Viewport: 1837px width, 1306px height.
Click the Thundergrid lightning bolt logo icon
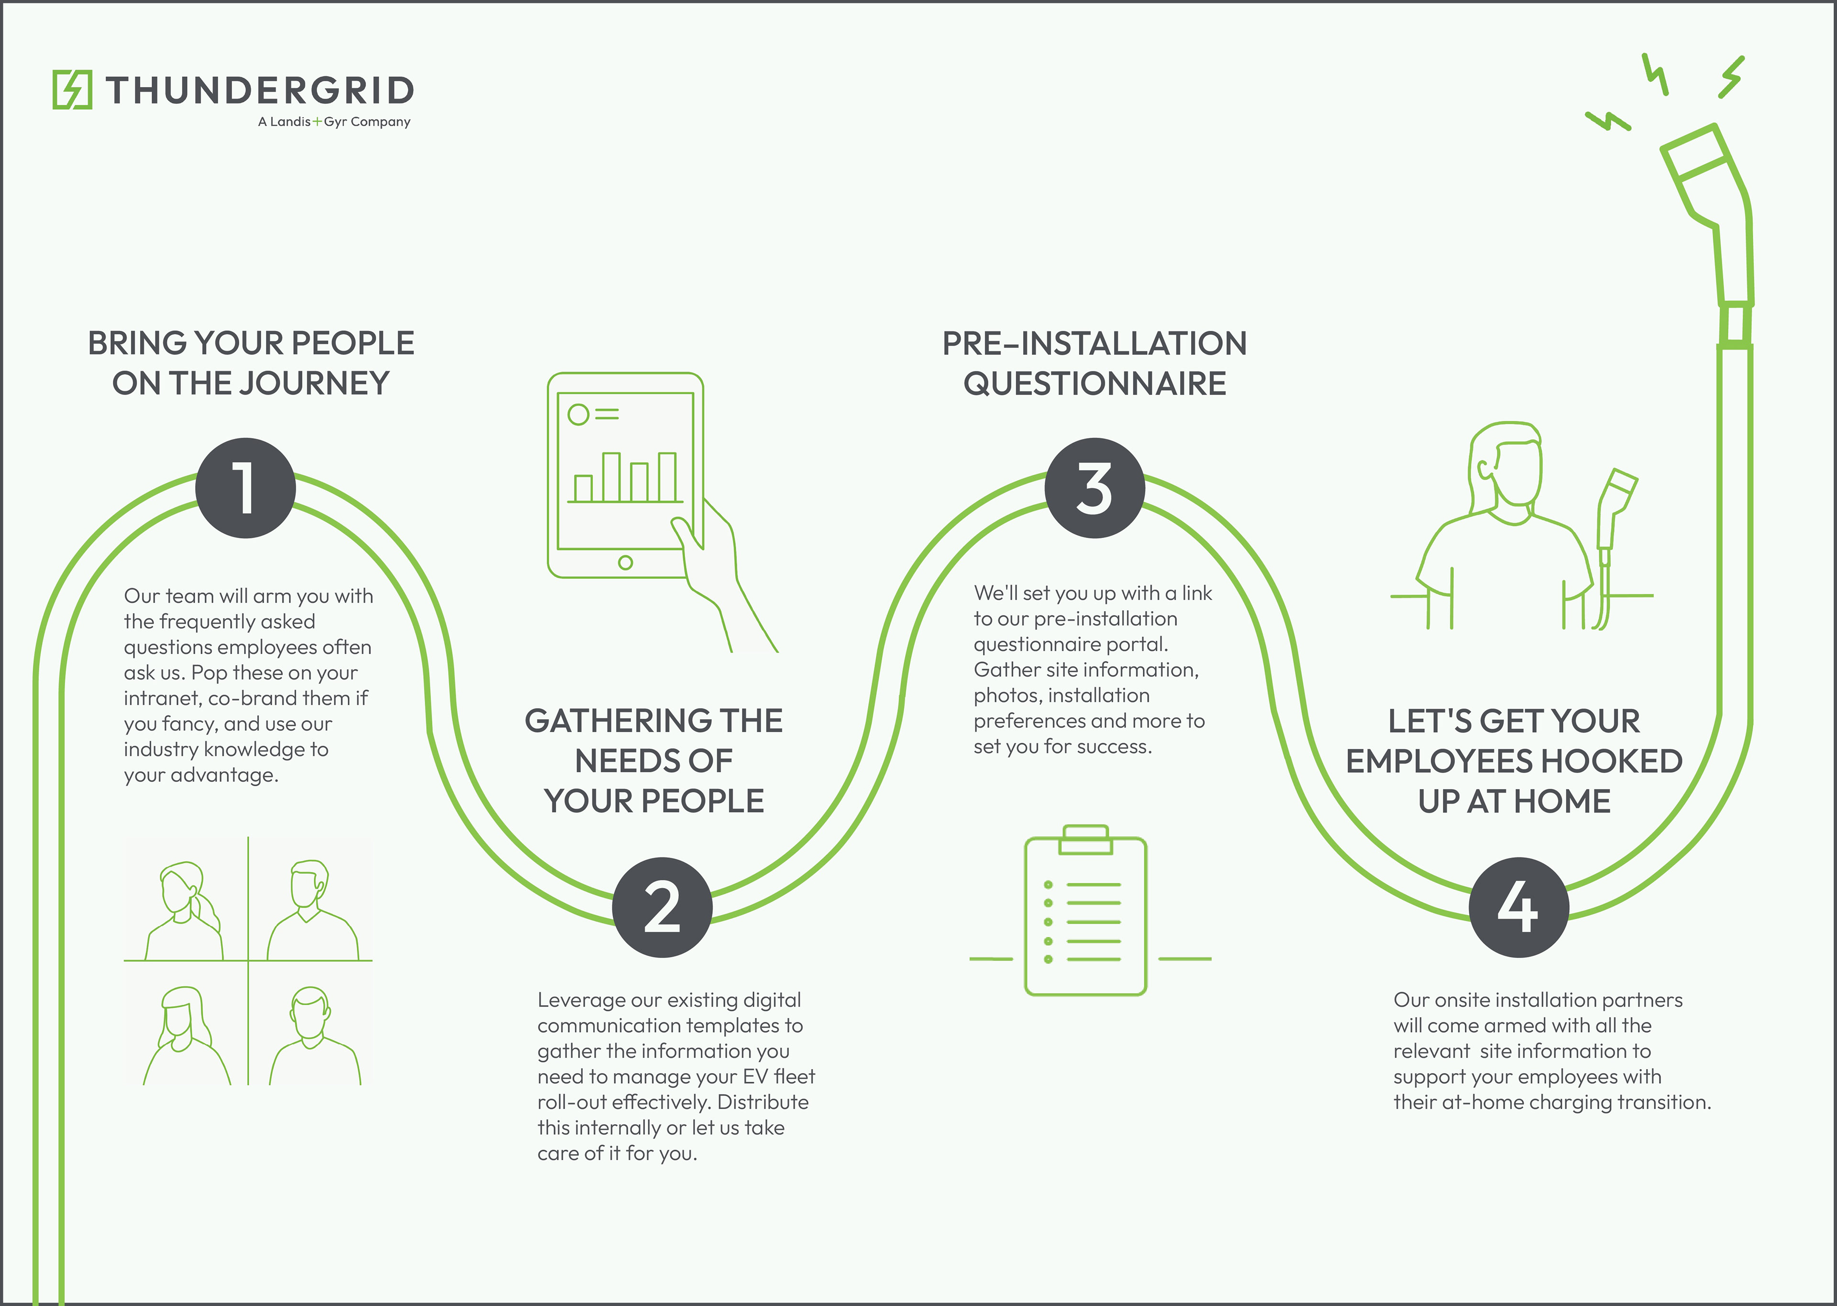pyautogui.click(x=72, y=89)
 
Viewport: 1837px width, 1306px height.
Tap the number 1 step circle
pyautogui.click(x=245, y=488)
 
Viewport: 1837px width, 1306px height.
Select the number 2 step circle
pyautogui.click(x=662, y=907)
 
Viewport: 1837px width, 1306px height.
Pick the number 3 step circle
pyautogui.click(x=1095, y=488)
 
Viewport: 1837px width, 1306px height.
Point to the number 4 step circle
pyautogui.click(x=1518, y=907)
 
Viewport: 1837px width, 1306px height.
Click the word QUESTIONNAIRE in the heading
pyautogui.click(x=1095, y=384)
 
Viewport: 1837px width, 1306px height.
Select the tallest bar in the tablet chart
pyautogui.click(x=611, y=477)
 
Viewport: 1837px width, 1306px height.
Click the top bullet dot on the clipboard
pyautogui.click(x=1048, y=885)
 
